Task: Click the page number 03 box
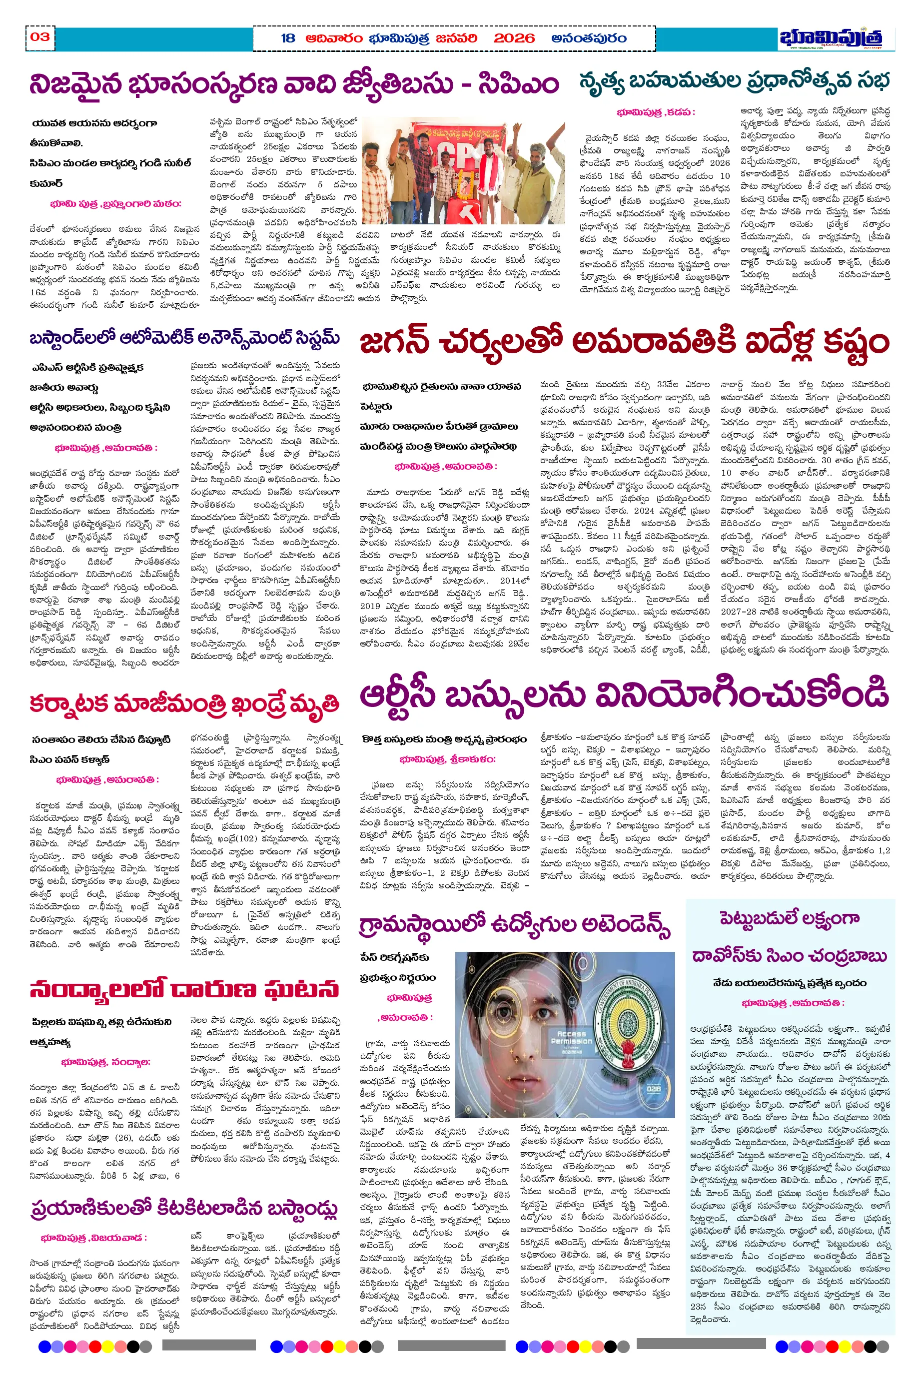point(40,37)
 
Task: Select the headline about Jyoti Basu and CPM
point(294,84)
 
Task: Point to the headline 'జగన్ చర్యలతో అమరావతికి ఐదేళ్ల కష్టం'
point(624,342)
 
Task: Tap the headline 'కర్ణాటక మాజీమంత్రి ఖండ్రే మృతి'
point(184,703)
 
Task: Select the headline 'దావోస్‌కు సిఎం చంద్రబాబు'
point(789,956)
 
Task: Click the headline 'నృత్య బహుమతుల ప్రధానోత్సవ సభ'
point(734,80)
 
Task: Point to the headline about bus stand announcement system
point(184,339)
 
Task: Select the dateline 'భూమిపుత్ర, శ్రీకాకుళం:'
point(447,759)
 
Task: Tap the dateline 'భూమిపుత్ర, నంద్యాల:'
point(106,1062)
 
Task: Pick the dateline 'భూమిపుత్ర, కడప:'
point(656,112)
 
